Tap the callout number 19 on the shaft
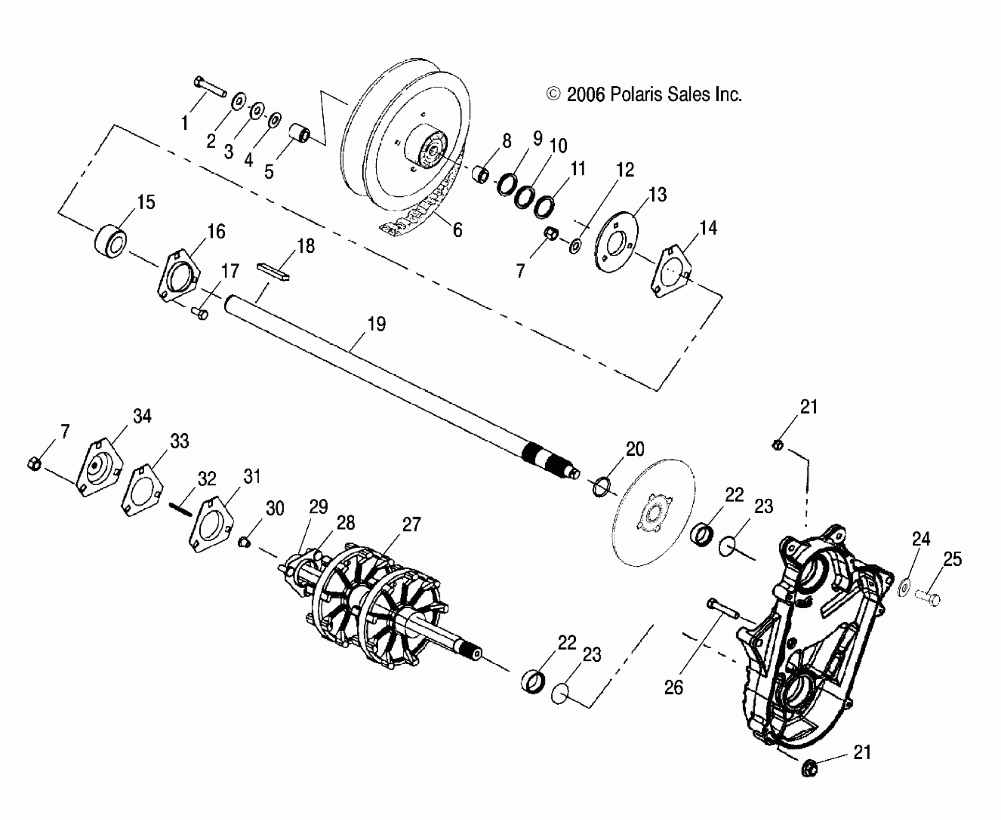click(x=376, y=324)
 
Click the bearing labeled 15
click(x=110, y=241)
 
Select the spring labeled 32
click(x=180, y=509)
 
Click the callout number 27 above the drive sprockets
click(x=411, y=524)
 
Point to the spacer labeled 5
click(x=299, y=133)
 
